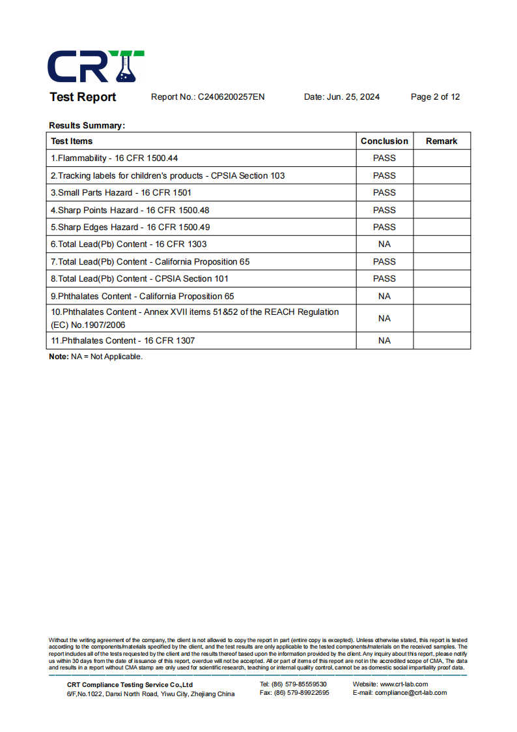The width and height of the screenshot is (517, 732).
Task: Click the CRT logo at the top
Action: click(x=96, y=66)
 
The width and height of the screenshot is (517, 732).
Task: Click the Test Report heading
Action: click(x=83, y=97)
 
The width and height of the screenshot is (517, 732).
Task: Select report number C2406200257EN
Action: click(x=231, y=97)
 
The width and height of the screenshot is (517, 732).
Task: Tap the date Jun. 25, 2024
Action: click(x=353, y=97)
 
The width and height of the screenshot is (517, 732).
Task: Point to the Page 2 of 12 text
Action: click(x=435, y=97)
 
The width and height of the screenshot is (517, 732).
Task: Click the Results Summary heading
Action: click(x=87, y=125)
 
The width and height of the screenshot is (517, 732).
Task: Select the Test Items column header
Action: click(x=72, y=141)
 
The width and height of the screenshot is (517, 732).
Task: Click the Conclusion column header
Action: click(x=384, y=141)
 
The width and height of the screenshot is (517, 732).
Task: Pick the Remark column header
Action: click(x=441, y=141)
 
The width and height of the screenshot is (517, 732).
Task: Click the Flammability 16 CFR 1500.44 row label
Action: click(x=115, y=158)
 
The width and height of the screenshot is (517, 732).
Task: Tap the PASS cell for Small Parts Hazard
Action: click(x=384, y=192)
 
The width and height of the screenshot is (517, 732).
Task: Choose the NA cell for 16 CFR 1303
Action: click(x=384, y=244)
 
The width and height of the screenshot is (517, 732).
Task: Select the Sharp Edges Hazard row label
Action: click(x=130, y=227)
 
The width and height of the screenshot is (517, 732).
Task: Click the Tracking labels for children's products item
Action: click(x=167, y=175)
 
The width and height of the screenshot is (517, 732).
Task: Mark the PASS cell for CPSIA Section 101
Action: click(x=384, y=278)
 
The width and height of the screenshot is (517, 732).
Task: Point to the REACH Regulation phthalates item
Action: click(x=195, y=318)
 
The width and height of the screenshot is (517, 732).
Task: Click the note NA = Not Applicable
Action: click(x=96, y=357)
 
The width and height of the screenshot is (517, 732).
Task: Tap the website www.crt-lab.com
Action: click(x=404, y=684)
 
